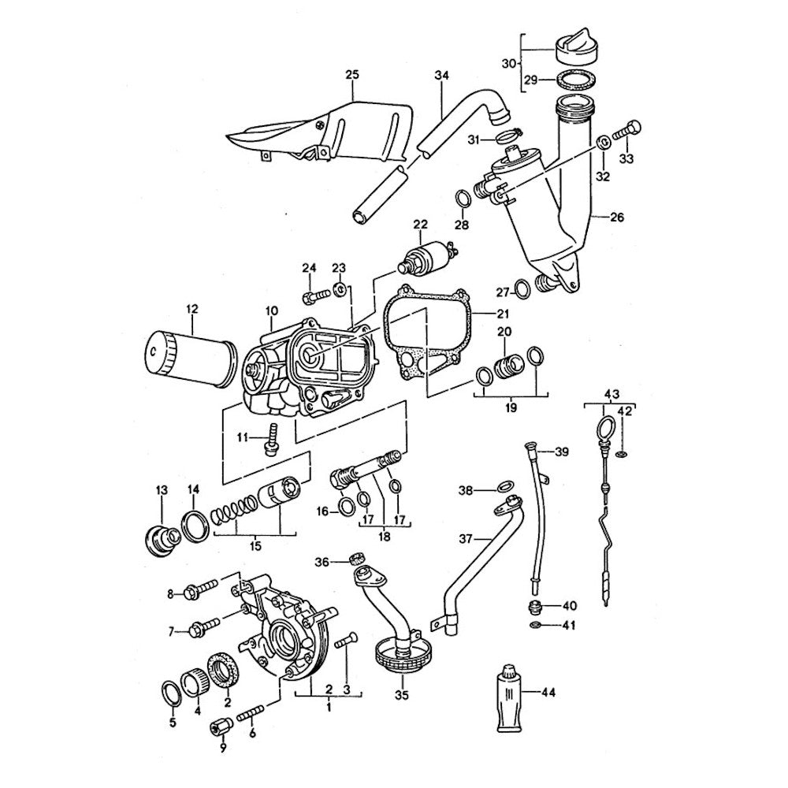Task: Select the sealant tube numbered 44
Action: coord(511,697)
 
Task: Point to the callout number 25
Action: coord(351,75)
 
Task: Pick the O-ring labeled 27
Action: coord(521,290)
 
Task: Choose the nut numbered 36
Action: coord(355,560)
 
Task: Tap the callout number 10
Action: coord(272,311)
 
